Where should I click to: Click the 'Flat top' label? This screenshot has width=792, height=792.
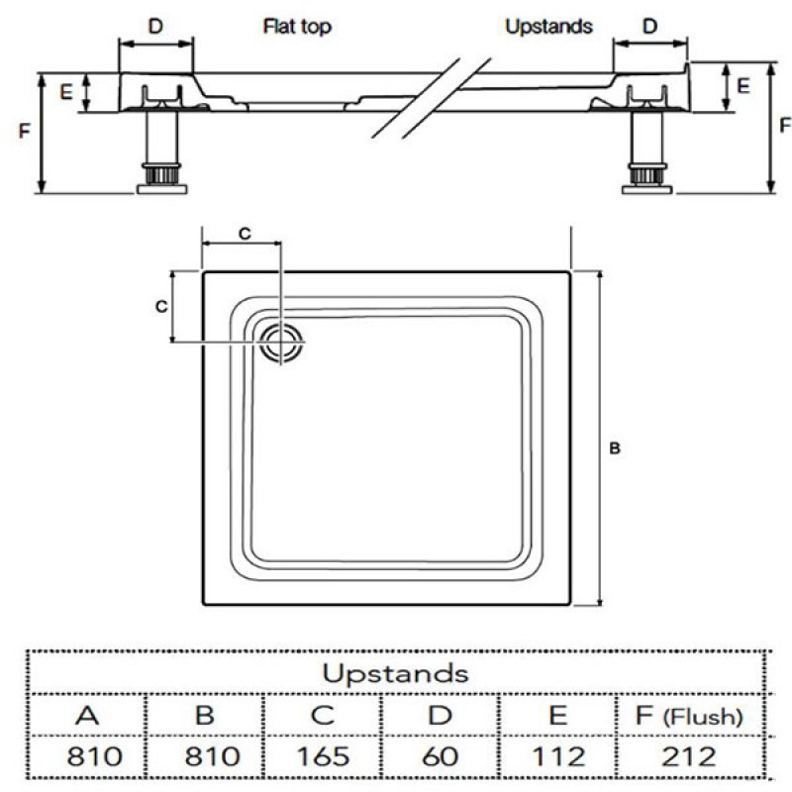tap(297, 27)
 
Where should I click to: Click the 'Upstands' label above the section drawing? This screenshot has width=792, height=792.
tap(548, 27)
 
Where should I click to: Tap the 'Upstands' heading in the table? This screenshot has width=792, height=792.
tap(395, 673)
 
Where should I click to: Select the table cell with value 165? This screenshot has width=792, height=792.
tap(322, 756)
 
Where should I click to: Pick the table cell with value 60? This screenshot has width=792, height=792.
tap(440, 756)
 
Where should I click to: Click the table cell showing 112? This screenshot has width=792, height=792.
tap(557, 756)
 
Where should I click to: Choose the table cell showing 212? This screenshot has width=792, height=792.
tap(690, 756)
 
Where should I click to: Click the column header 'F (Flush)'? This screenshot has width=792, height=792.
tap(690, 715)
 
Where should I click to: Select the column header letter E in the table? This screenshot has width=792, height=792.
tap(557, 715)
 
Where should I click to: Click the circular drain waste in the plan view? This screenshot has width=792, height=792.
tap(283, 343)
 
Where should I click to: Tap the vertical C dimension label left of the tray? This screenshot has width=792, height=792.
tap(160, 307)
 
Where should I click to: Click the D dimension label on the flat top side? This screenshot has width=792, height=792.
tap(155, 27)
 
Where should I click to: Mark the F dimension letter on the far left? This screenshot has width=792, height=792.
tap(23, 132)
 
